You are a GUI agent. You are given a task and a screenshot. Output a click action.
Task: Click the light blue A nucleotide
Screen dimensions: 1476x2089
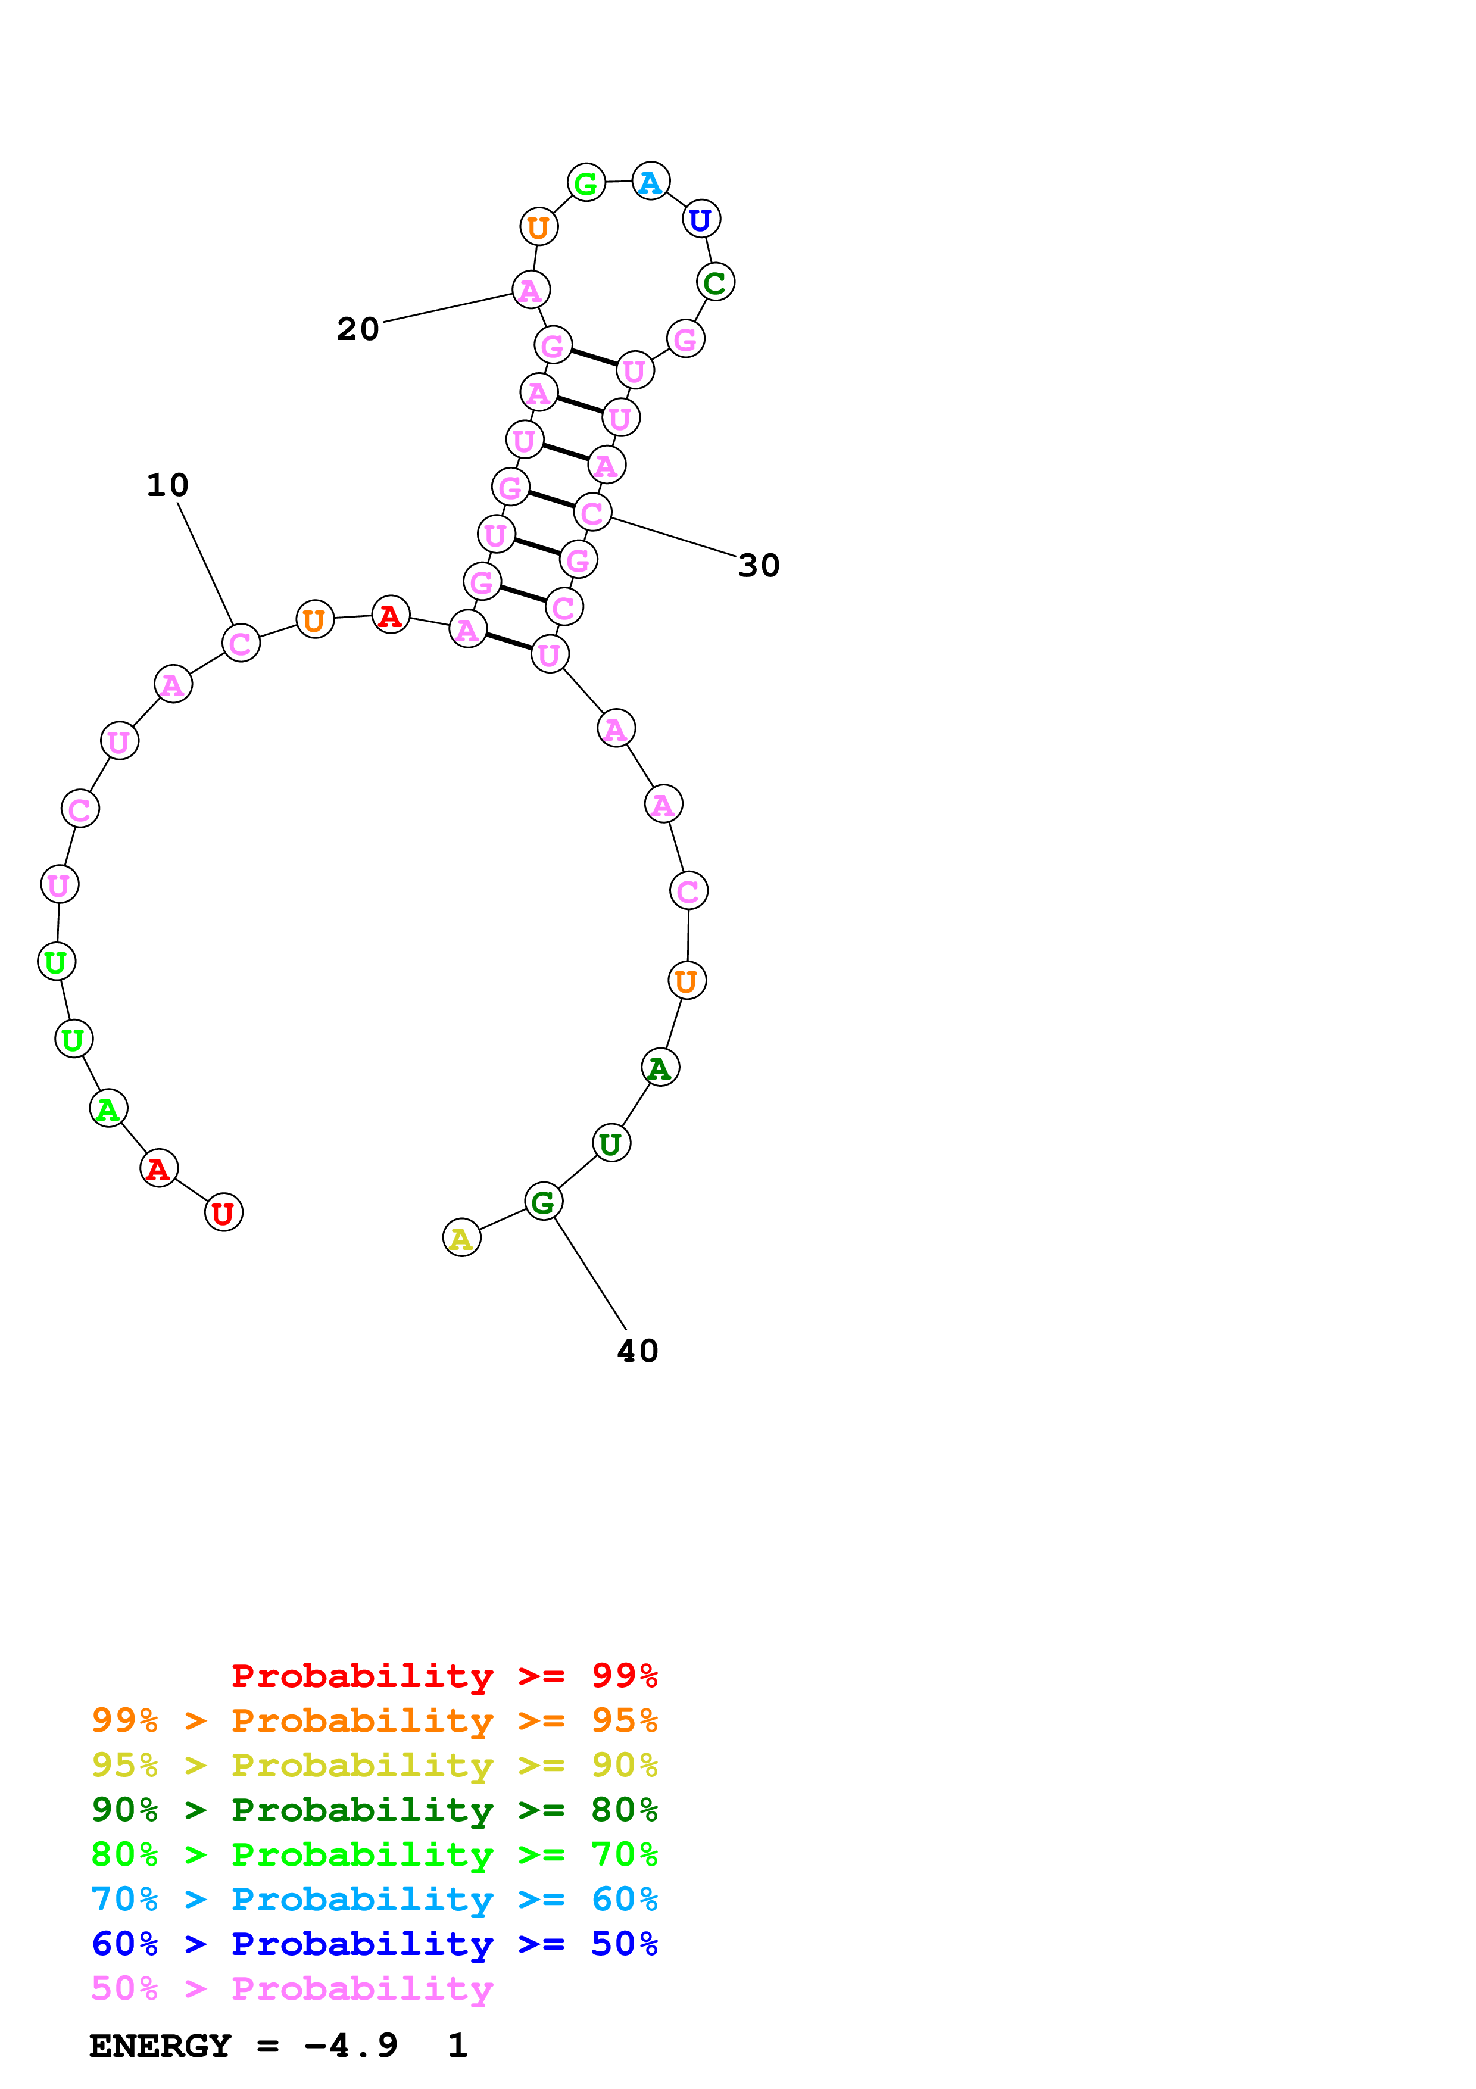(650, 182)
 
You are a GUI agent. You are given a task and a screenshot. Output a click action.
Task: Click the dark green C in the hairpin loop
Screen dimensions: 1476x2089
(715, 282)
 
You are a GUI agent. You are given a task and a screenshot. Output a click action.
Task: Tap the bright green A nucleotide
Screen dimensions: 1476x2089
(108, 1108)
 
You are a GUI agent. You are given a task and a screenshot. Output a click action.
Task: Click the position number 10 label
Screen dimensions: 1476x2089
(167, 485)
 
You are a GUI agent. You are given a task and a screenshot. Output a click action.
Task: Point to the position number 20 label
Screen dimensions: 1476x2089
(357, 329)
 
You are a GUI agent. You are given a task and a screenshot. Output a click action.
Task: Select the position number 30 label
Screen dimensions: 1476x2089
(759, 565)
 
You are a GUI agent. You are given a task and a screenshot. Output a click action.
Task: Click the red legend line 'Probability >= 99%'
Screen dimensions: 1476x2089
(444, 1675)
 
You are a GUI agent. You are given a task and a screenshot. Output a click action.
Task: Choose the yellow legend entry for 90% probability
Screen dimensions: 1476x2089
(374, 1765)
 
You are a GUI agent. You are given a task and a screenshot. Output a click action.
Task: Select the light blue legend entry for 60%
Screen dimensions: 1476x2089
(374, 1899)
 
